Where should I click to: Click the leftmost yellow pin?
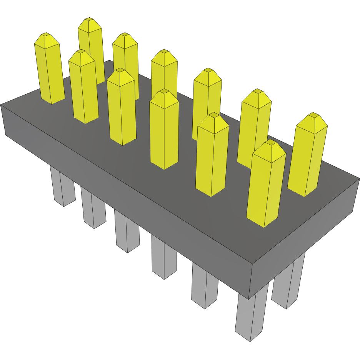coord(49,73)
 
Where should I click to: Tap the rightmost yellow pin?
coord(308,158)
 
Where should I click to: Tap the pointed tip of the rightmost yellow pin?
coord(314,115)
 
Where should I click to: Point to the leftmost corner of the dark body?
coord(1,105)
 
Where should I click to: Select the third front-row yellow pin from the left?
coord(164,131)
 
